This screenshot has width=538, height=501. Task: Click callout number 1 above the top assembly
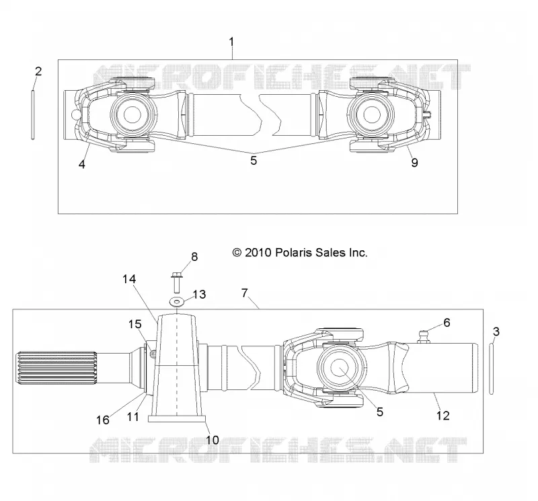click(231, 42)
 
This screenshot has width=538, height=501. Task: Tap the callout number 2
click(38, 71)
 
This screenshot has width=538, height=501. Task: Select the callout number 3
click(496, 332)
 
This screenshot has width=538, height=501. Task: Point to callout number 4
click(81, 164)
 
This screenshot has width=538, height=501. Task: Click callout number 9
click(414, 162)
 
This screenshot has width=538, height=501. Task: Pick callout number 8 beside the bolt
click(194, 257)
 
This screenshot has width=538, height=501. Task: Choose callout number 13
click(199, 295)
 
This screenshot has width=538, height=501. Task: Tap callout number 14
click(129, 279)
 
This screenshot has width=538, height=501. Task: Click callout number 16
click(103, 420)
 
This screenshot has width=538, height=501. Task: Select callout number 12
click(443, 416)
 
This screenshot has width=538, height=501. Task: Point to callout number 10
click(213, 440)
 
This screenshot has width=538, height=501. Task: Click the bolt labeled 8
click(177, 282)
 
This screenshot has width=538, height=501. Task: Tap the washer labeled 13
click(177, 302)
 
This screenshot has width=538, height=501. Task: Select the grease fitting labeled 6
click(425, 336)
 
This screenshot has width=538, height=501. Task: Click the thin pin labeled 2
click(33, 114)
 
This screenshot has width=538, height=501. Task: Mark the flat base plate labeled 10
click(177, 419)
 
